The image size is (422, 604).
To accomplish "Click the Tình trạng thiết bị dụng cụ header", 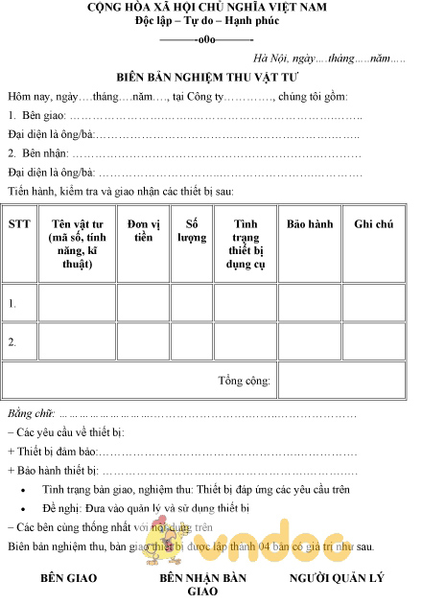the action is [248, 244].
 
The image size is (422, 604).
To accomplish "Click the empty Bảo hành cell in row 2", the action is [310, 340].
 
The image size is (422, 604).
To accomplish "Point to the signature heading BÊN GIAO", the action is [68, 579].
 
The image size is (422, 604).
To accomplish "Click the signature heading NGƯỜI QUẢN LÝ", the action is [337, 579].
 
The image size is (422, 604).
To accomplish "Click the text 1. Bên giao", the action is [37, 115].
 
